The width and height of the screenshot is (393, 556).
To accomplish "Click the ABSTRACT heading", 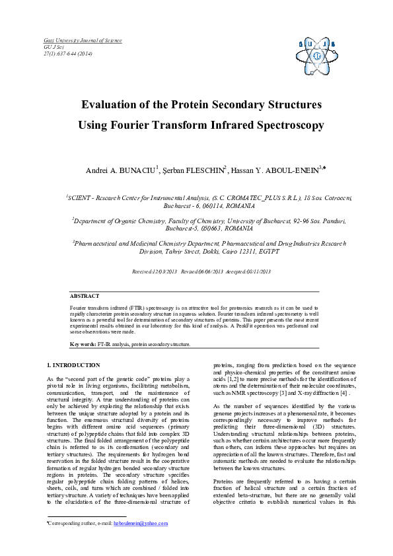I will (85, 296).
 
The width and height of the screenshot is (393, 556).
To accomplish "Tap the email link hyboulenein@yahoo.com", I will (141, 523).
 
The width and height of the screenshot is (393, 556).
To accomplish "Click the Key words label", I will (83, 344).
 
